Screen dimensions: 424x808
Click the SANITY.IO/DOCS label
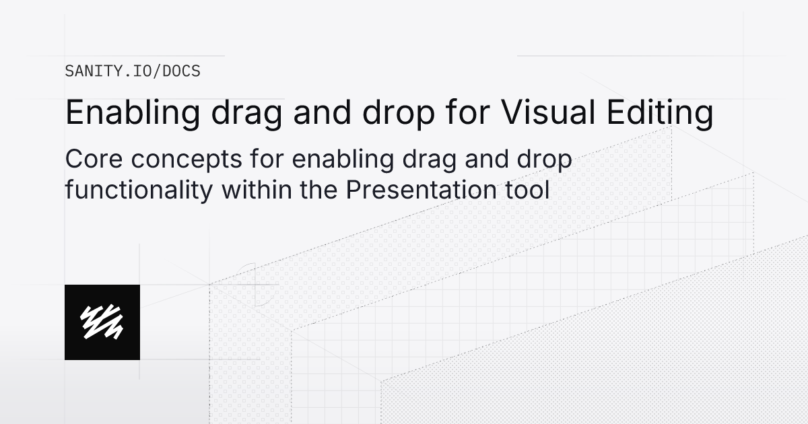pyautogui.click(x=132, y=71)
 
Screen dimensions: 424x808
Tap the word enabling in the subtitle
pyautogui.click(x=325, y=162)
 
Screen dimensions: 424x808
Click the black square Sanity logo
pyautogui.click(x=102, y=322)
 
